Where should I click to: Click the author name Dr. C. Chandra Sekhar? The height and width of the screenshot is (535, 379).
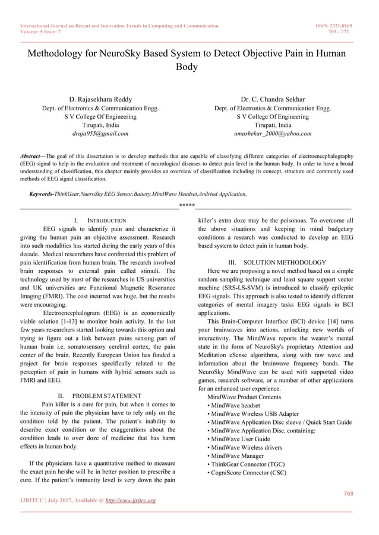tap(273, 99)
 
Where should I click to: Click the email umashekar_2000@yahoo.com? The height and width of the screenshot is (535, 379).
tap(273, 134)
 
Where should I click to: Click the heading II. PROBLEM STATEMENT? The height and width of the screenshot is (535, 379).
tap(99, 396)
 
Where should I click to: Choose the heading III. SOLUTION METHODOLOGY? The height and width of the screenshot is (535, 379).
tap(277, 262)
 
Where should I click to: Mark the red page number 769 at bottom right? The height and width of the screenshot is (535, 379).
tap(347, 494)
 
